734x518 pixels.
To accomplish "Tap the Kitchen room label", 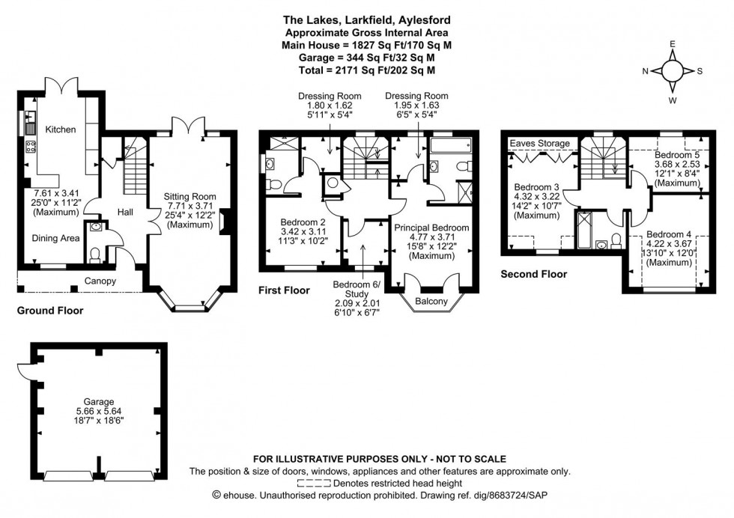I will tap(61, 129).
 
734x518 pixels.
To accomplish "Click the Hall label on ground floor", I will tap(125, 213).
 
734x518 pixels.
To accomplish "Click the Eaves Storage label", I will tap(539, 143).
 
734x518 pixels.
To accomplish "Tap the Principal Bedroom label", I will tap(432, 228).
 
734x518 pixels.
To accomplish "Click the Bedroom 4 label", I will tap(670, 234).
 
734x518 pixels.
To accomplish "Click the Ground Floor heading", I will tap(50, 310).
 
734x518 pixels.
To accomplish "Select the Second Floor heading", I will tap(533, 274).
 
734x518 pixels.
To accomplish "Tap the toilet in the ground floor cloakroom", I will tap(94, 255).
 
